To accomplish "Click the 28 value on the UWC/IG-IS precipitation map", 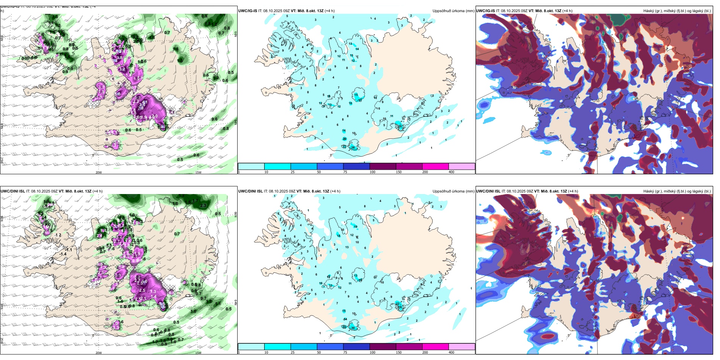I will (x=353, y=147).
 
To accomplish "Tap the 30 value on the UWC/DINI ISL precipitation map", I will (x=353, y=328).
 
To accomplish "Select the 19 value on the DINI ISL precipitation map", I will (x=355, y=227).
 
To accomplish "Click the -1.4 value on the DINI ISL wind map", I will (x=63, y=254).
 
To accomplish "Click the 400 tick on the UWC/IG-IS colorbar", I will (x=451, y=172).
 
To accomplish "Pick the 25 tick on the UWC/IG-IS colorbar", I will (x=293, y=172).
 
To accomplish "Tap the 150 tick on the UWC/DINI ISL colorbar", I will (x=399, y=352).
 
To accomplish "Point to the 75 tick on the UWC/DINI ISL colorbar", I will (x=345, y=352).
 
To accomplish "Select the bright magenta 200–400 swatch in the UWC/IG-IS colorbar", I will (x=435, y=166).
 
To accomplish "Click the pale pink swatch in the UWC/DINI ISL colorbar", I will (x=462, y=347).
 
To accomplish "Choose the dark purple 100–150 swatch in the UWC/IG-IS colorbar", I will (x=383, y=166).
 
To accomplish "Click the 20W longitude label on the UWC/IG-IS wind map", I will (x=99, y=172).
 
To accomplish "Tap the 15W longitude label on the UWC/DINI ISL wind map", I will (x=198, y=353).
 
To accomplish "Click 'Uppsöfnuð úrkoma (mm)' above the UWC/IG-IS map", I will (x=453, y=11).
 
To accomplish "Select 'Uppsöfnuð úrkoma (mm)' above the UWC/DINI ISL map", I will (x=453, y=191).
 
